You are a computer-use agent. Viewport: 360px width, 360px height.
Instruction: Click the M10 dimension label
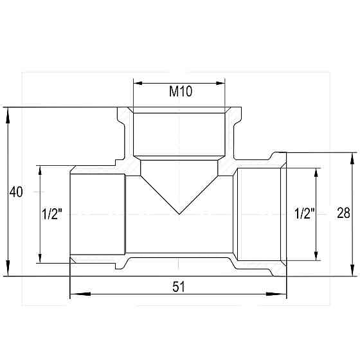(x=181, y=91)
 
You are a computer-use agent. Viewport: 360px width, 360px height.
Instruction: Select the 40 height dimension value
(x=16, y=192)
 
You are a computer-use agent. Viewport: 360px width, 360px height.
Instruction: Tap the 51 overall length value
(x=179, y=287)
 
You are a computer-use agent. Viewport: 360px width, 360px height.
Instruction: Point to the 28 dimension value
(x=343, y=213)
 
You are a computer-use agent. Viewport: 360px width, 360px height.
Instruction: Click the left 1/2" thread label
(x=52, y=213)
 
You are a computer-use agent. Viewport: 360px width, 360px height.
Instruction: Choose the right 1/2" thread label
(x=305, y=213)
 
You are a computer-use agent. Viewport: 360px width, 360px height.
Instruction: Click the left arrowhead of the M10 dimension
(x=138, y=83)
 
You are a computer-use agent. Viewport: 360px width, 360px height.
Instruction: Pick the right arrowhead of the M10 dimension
(x=221, y=83)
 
